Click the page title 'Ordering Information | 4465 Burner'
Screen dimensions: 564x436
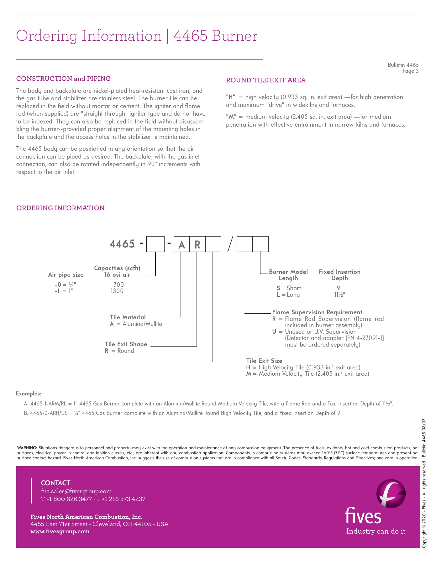coord(136,36)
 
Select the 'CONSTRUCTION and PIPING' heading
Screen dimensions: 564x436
coord(63,79)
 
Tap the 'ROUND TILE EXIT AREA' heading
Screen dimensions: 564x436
coord(266,80)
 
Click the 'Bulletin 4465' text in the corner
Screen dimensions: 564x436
coord(403,65)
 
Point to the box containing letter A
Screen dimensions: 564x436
coord(181,244)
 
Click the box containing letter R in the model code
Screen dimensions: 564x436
coord(197,244)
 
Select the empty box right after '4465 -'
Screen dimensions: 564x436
coord(155,244)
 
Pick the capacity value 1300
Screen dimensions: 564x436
coord(117,291)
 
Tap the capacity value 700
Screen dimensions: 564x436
coord(118,285)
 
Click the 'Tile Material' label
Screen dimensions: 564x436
coord(128,317)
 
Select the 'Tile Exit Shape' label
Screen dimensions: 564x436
coord(126,344)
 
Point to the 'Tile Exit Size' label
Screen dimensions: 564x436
coord(264,361)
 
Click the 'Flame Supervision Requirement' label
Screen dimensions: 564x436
coord(317,312)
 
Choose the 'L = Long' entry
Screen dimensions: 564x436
coord(288,295)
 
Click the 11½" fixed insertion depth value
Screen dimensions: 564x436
coord(339,295)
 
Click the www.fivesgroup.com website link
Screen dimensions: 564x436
coord(60,531)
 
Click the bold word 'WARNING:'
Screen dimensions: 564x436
coord(27,448)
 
